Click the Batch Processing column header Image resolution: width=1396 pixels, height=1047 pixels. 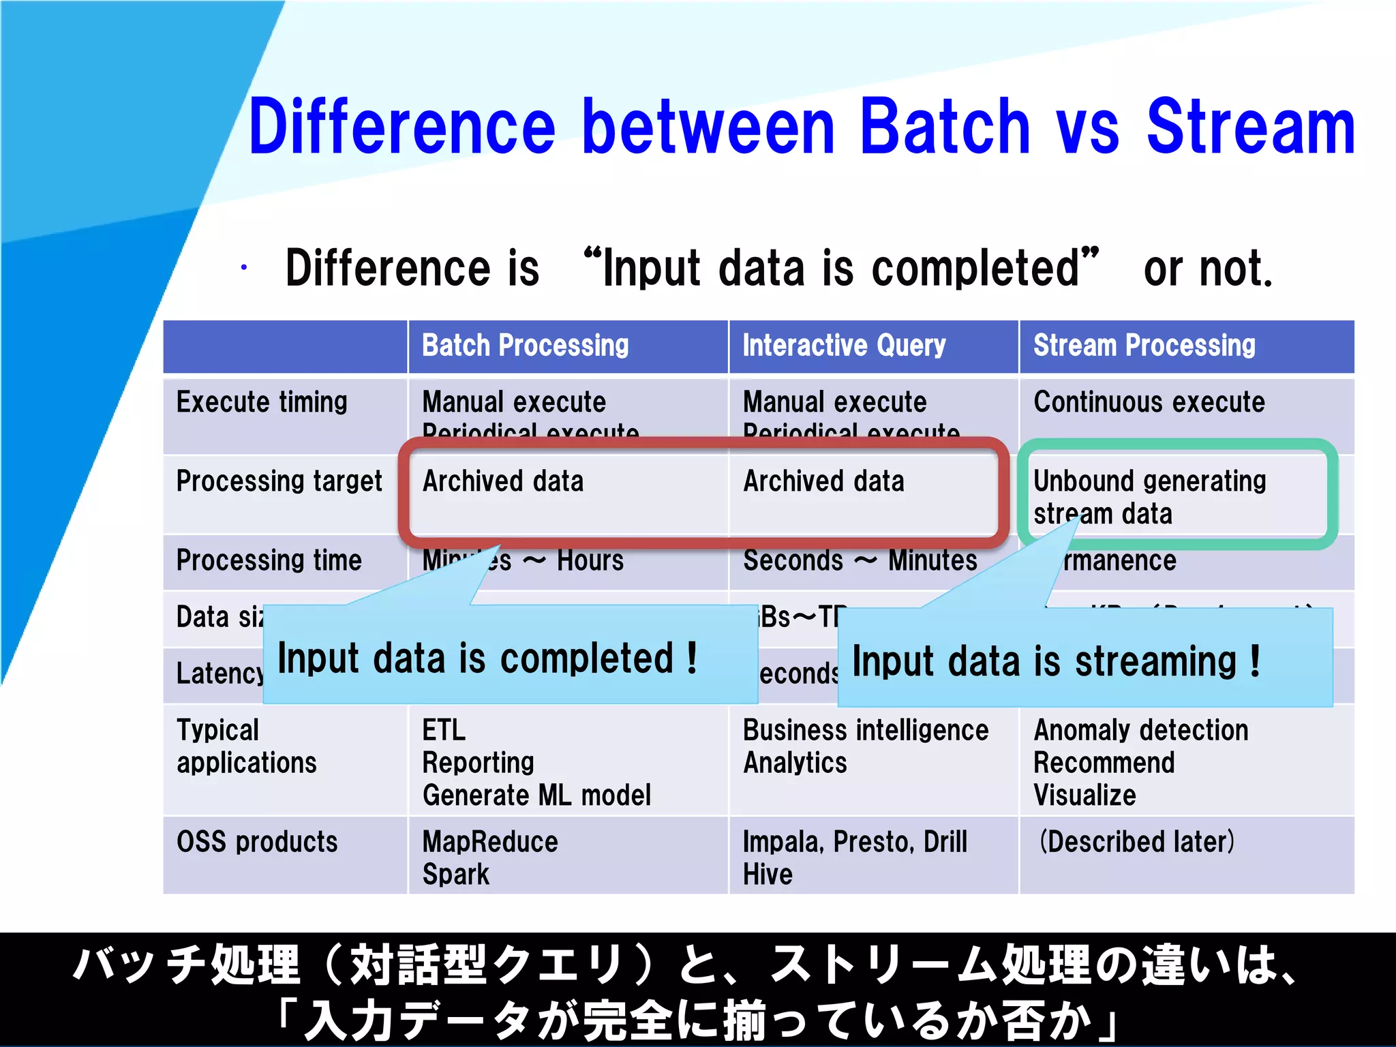point(525,346)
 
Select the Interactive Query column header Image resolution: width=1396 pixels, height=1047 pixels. point(844,346)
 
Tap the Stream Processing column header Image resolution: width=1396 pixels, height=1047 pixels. point(1144,346)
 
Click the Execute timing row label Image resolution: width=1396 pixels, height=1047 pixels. point(262,402)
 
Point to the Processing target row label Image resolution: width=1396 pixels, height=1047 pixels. point(279,481)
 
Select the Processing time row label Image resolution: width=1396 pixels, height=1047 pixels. point(269,560)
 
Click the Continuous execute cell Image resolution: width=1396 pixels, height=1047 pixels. point(1149,402)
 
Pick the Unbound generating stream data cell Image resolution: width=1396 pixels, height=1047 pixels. point(1149,497)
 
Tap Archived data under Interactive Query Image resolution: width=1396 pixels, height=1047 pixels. point(823,481)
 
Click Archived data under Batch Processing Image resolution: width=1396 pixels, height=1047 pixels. point(503,481)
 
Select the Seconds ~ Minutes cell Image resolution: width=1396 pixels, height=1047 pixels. point(860,560)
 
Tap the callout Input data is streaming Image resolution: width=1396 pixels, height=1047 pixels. point(1055,662)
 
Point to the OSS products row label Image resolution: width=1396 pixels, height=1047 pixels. point(257,842)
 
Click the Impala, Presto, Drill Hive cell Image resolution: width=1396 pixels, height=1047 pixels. point(855,857)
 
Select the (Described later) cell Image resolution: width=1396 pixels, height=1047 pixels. point(1136,842)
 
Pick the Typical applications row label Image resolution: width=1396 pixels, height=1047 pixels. point(246,746)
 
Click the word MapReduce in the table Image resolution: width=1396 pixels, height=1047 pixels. point(490,842)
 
